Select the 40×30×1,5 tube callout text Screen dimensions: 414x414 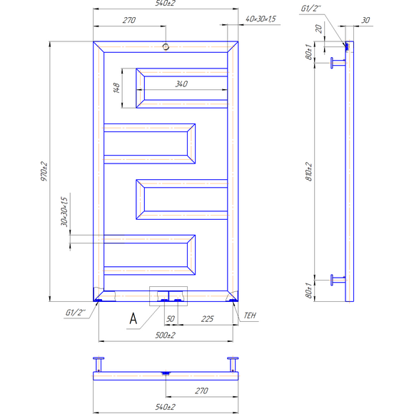pos(261,19)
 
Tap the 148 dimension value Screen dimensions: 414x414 pos(115,89)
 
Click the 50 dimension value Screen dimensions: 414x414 pos(171,318)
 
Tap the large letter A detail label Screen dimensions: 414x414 pos(133,319)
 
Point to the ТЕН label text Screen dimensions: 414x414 pos(249,315)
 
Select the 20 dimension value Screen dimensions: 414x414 pos(319,29)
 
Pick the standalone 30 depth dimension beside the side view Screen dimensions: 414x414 pos(365,21)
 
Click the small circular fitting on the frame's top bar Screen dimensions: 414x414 pos(166,47)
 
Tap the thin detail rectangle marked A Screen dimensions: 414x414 pos(167,296)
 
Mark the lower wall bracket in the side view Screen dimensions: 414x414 pos(336,279)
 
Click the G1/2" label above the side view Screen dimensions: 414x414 pos(311,9)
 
